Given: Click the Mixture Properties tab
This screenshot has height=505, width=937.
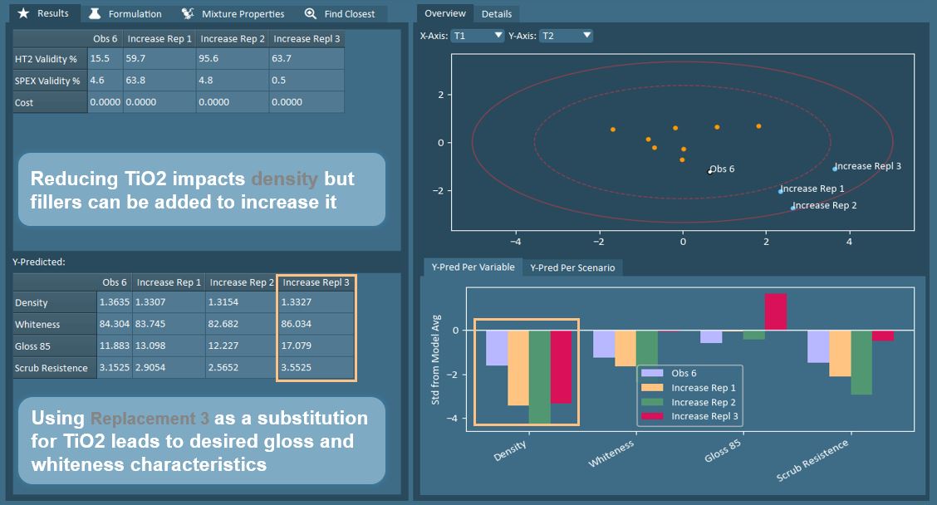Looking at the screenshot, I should [x=233, y=14].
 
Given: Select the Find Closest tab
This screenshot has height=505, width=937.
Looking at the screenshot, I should [x=341, y=14].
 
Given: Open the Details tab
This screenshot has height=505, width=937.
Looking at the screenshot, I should [x=497, y=14].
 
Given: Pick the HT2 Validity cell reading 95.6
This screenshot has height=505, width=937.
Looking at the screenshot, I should [x=232, y=59].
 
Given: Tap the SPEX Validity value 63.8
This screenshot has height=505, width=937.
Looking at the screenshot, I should [x=159, y=81].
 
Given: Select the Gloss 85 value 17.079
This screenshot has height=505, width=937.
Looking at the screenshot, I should [x=316, y=346].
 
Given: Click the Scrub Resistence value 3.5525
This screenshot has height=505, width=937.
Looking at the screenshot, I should [x=316, y=367].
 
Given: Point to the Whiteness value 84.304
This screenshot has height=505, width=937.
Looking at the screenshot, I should [x=114, y=324].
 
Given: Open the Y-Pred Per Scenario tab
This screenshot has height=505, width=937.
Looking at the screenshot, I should [x=573, y=267].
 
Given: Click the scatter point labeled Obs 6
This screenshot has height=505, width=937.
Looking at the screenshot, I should [x=709, y=172].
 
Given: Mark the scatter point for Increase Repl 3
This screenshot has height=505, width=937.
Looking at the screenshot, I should [x=835, y=169].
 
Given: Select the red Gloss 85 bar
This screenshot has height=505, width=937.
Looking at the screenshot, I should [x=776, y=312].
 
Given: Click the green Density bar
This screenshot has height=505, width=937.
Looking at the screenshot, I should [x=540, y=376].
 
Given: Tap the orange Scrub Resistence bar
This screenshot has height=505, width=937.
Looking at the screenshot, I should [x=840, y=353].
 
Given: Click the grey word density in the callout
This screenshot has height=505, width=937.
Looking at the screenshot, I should [x=284, y=179].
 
